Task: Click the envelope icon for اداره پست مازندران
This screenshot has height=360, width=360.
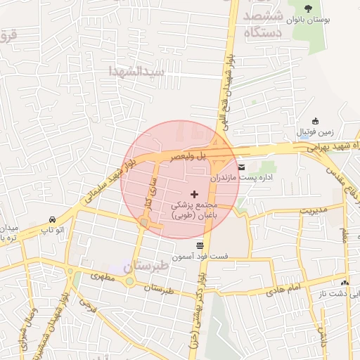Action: point(242,167)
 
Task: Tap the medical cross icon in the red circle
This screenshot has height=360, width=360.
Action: point(195,193)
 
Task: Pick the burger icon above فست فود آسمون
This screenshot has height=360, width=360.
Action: point(200,245)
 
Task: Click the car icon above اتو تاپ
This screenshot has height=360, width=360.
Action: point(53,219)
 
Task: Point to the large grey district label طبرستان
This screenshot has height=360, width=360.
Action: point(146,268)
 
